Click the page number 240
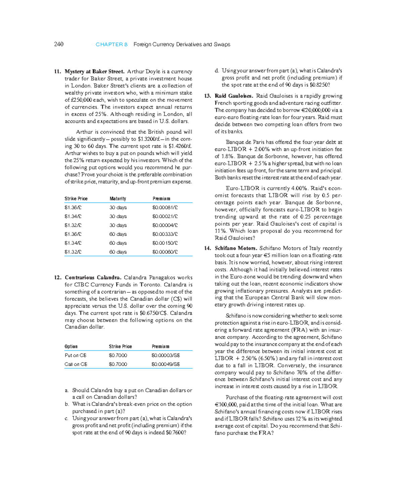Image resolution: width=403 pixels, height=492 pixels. tap(58, 44)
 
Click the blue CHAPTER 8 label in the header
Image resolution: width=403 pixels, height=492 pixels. tap(111, 44)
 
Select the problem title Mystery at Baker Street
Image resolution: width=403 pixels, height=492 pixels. tap(94, 71)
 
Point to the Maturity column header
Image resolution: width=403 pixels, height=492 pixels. tap(118, 199)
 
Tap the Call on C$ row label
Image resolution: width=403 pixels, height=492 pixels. tap(76, 364)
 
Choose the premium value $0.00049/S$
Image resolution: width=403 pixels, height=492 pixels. tap(166, 364)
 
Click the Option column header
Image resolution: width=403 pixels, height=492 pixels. tap(71, 346)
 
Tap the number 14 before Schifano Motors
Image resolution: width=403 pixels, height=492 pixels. tap(208, 248)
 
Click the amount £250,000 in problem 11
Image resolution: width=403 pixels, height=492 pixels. tap(81, 100)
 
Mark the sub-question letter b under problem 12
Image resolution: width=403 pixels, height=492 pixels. tap(67, 404)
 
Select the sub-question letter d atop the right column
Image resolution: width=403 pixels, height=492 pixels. tap(217, 71)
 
